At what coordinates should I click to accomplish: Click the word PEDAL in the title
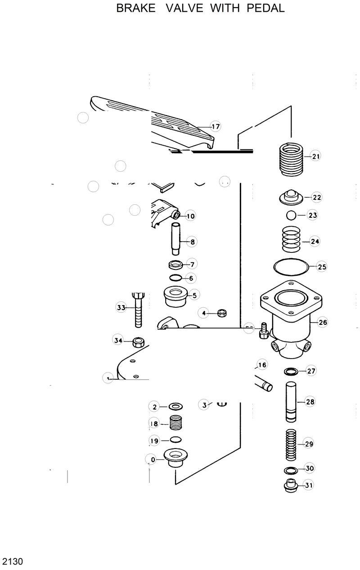[265, 8]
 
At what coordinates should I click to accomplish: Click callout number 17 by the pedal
[216, 126]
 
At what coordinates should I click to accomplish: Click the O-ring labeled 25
[291, 266]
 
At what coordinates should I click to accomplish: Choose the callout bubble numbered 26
[323, 322]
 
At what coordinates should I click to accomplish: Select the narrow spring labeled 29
[291, 445]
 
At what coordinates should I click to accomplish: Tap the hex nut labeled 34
[138, 341]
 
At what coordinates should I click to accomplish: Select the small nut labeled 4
[221, 312]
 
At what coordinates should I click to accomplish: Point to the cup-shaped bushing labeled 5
[175, 295]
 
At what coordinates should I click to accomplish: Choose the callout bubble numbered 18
[154, 424]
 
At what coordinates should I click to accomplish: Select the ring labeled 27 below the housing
[291, 372]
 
